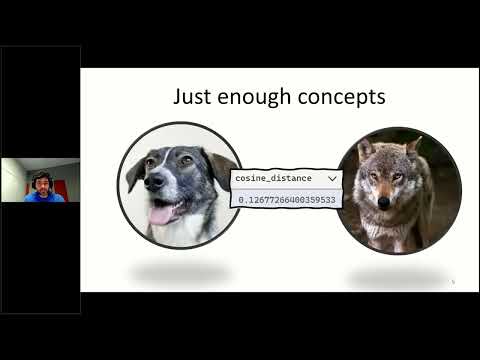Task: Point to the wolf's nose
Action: coord(384,201)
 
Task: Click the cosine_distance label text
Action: coord(273,178)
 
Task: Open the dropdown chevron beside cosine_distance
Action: coord(331,178)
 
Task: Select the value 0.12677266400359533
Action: coord(286,198)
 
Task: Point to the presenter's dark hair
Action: coord(41,173)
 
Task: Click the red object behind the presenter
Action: coord(71,186)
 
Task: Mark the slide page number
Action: coord(452,282)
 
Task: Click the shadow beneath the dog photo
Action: coord(179,271)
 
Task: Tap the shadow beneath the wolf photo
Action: coord(396,275)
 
